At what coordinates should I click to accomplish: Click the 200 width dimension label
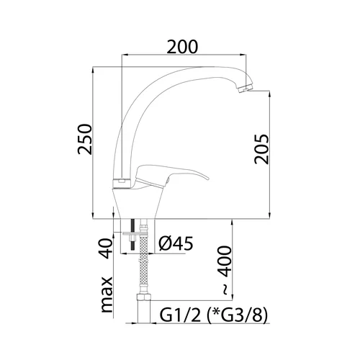click(182, 47)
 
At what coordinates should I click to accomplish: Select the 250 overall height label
click(85, 139)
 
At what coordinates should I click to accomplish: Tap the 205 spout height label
click(261, 149)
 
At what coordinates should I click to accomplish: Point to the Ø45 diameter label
click(176, 243)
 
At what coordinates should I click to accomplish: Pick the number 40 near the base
click(105, 248)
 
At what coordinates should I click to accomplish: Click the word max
click(107, 294)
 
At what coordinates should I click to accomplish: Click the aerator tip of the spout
click(244, 88)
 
